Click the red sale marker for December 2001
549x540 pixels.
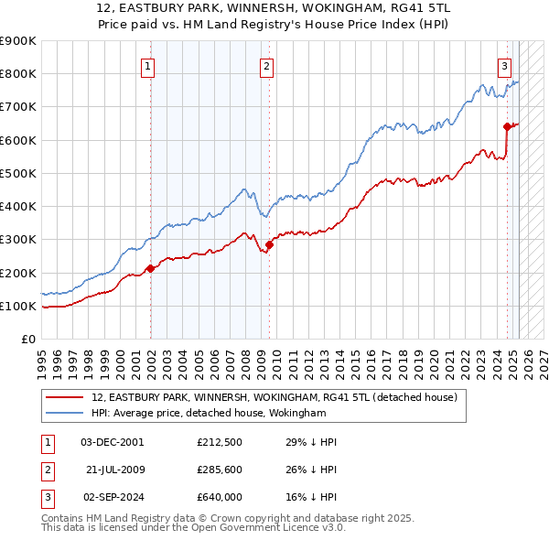pyautogui.click(x=151, y=268)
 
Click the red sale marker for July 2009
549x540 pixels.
pyautogui.click(x=269, y=244)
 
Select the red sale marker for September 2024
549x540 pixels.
pyautogui.click(x=507, y=126)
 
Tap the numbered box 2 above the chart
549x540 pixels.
pyautogui.click(x=265, y=65)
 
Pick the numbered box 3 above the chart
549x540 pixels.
pyautogui.click(x=504, y=65)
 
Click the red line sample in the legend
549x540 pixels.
pyautogui.click(x=66, y=398)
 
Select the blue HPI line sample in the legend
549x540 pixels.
pyautogui.click(x=66, y=414)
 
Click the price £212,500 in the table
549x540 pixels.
pyautogui.click(x=219, y=442)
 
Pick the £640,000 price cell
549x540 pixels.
pyautogui.click(x=219, y=499)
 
